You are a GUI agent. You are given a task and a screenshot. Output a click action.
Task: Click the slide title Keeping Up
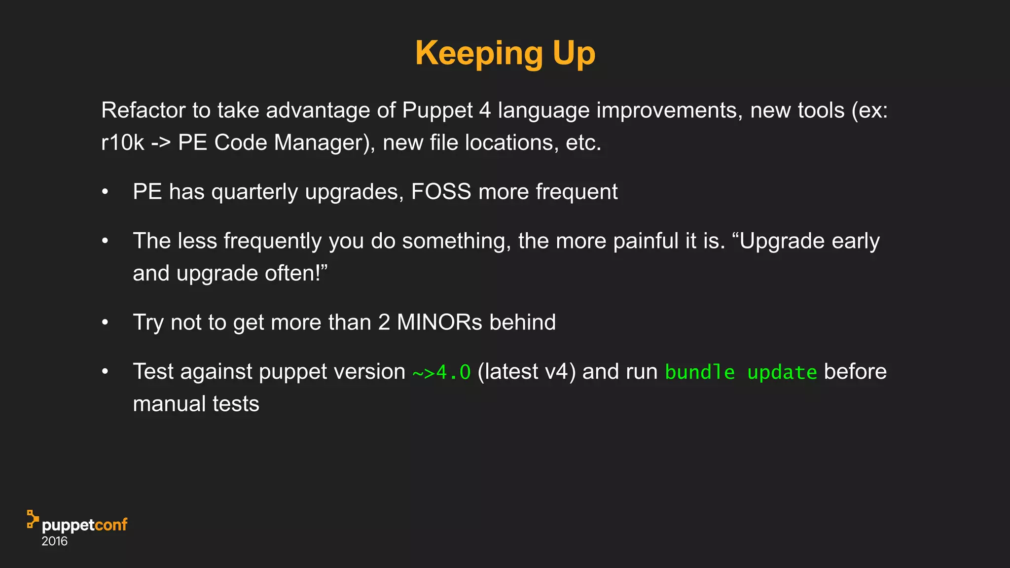point(505,53)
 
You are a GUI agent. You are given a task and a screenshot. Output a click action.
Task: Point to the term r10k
point(122,142)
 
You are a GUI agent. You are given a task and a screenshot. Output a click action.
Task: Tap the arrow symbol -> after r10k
point(161,142)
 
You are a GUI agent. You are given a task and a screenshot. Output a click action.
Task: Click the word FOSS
point(441,191)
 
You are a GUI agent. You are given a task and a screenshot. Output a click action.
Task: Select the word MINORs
point(439,322)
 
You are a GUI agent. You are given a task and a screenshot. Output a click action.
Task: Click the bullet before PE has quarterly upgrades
point(105,192)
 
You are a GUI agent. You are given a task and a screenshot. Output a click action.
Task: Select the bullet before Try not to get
point(105,322)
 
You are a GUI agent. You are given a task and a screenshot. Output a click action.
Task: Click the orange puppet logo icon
point(33,519)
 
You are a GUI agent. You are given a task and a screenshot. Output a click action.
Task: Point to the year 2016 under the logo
point(54,541)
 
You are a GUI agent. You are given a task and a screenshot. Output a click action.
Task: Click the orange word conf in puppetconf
point(111,525)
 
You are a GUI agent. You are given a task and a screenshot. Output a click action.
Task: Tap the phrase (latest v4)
point(526,372)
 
